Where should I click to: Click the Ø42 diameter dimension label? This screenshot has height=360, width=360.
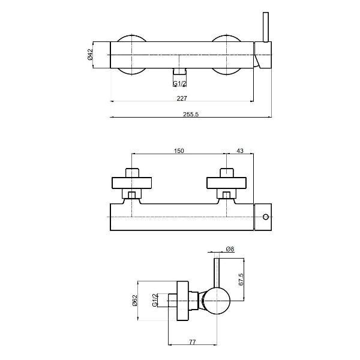click(90, 55)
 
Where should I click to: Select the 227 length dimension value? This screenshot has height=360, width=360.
click(182, 98)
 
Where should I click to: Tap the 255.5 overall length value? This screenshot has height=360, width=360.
click(191, 114)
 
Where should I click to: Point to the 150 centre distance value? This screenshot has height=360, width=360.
click(179, 151)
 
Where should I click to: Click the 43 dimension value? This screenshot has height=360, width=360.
click(240, 151)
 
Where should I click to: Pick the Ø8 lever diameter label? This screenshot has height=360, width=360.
click(230, 249)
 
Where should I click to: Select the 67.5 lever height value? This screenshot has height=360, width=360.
click(241, 279)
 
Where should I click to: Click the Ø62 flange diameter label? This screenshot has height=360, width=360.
click(134, 301)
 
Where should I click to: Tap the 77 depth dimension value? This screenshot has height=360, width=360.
click(193, 342)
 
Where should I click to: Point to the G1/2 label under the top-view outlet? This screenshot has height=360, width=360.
click(179, 83)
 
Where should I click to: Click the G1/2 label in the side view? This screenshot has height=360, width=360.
click(155, 300)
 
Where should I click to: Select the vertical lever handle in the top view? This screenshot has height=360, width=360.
click(266, 27)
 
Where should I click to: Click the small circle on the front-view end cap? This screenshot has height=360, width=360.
click(266, 217)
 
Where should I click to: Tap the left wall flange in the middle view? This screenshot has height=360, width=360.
click(131, 183)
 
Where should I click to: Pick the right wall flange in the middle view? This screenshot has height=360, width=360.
click(226, 183)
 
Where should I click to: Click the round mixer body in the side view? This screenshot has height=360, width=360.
click(217, 301)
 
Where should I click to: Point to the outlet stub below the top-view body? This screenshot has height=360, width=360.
click(179, 71)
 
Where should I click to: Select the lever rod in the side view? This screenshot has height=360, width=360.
click(217, 273)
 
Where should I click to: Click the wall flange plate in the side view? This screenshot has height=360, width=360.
click(183, 301)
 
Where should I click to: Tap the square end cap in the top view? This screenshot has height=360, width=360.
click(263, 55)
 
